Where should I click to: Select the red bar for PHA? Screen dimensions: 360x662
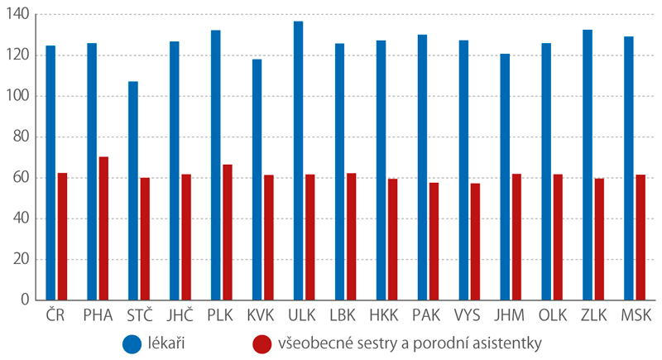pos(103,228)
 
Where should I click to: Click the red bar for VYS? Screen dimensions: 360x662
pos(475,241)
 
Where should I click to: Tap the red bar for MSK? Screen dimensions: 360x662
pos(640,237)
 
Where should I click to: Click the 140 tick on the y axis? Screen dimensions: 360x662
pos(19,15)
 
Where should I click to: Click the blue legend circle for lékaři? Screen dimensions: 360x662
pos(132,343)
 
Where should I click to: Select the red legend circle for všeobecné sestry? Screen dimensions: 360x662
pos(263,343)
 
